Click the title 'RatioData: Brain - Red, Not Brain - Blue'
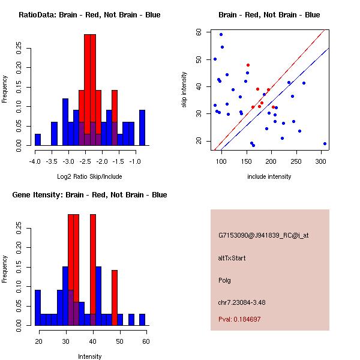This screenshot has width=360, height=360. tap(89, 14)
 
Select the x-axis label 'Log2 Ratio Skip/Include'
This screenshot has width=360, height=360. tap(89, 176)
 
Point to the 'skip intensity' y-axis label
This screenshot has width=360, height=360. tap(185, 90)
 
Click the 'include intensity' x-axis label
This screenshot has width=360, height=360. tap(269, 176)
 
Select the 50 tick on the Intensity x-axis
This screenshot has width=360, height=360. tap(119, 341)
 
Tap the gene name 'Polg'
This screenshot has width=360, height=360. tap(225, 280)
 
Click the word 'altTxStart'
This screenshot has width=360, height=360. tap(232, 258)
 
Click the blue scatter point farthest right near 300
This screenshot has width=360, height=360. tap(325, 144)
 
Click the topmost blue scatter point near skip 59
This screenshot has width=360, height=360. tap(221, 34)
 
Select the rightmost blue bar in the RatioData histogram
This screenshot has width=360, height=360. tap(142, 128)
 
